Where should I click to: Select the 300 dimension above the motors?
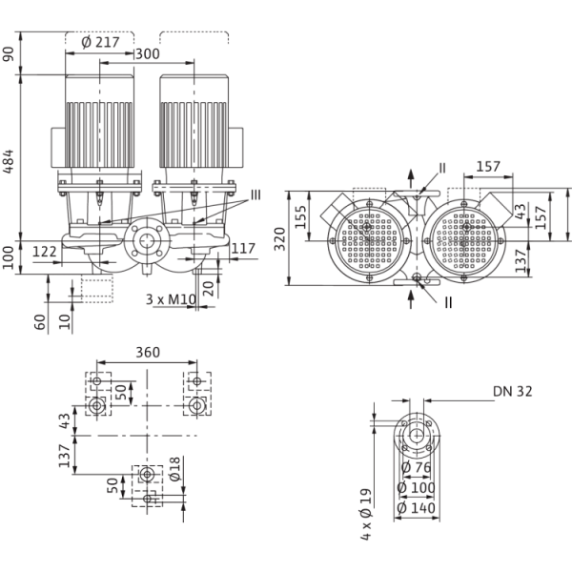(147, 54)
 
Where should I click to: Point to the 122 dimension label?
(45, 251)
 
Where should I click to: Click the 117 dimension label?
(243, 251)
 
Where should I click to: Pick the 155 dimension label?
(298, 217)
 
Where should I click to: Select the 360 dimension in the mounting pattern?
(148, 351)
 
